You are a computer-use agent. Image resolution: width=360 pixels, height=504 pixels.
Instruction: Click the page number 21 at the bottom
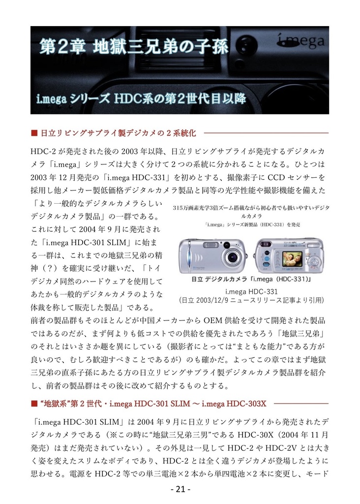coord(180,490)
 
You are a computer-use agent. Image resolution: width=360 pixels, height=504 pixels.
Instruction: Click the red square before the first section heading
coord(34,133)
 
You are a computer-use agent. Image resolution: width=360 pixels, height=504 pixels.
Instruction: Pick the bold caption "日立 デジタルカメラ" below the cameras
coord(217,279)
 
